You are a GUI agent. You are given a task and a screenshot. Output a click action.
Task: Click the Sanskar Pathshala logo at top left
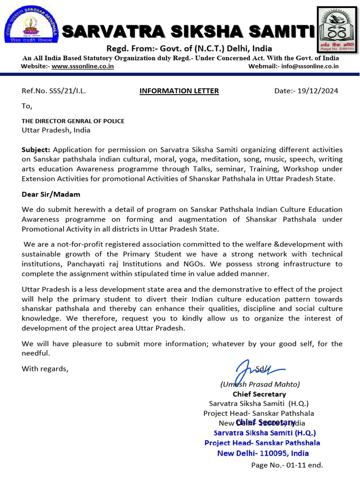(29, 26)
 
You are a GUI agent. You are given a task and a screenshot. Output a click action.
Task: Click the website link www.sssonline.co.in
(82, 67)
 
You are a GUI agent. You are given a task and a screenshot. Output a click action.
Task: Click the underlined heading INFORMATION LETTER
(179, 91)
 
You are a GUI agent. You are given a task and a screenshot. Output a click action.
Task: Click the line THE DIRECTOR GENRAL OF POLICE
(73, 121)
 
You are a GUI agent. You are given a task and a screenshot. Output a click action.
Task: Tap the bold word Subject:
(36, 150)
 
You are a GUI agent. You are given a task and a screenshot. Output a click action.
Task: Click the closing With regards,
(45, 368)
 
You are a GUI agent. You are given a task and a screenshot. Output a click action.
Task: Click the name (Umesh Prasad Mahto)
(260, 384)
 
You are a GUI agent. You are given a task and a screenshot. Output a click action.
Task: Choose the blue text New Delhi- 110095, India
(263, 453)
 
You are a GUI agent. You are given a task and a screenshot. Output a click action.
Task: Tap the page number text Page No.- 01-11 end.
(287, 465)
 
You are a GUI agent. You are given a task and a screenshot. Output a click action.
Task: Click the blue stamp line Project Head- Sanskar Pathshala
(262, 442)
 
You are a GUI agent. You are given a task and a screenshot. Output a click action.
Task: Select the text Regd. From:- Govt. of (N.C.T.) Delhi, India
(189, 49)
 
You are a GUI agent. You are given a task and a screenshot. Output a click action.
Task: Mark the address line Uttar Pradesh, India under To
(56, 130)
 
